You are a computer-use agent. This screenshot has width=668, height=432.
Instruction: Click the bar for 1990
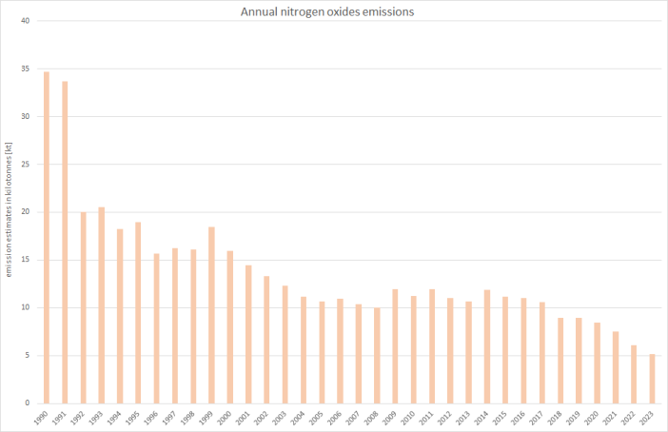(x=47, y=237)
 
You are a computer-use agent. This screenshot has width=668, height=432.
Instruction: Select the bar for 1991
(x=65, y=242)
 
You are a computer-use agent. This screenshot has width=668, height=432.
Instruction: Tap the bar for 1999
(x=211, y=314)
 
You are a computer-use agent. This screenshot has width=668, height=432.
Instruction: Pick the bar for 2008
(x=377, y=355)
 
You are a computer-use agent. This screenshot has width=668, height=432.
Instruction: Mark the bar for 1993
(x=102, y=304)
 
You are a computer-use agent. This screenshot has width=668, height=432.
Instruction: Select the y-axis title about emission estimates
(x=9, y=210)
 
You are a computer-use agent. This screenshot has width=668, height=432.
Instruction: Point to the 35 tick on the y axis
(x=27, y=69)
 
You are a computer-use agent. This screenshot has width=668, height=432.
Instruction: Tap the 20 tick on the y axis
(x=27, y=212)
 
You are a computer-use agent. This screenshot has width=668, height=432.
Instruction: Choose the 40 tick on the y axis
(x=27, y=21)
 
